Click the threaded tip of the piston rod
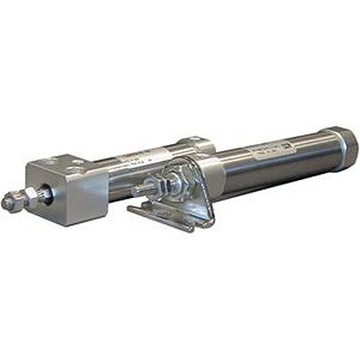[x=9, y=204]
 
